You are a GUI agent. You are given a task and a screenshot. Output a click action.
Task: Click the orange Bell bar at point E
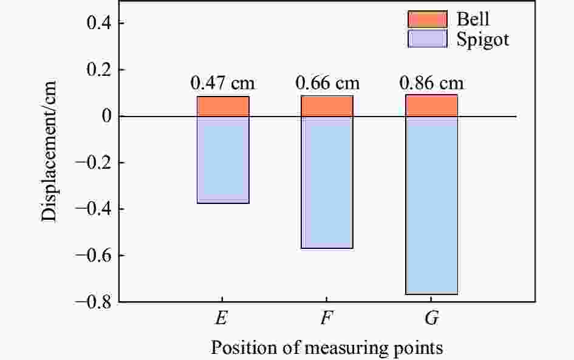(223, 106)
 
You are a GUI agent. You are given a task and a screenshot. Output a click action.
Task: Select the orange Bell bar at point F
(327, 106)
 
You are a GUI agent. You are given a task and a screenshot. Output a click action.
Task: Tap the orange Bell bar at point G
(431, 105)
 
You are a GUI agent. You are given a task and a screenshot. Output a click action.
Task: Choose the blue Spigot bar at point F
(327, 182)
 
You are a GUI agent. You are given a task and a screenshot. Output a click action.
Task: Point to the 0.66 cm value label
(327, 83)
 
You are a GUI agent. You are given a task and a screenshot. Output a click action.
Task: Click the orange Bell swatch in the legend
(427, 19)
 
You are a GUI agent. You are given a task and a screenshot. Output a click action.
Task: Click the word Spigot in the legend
(478, 40)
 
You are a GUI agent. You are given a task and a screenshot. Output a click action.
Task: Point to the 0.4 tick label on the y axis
(94, 24)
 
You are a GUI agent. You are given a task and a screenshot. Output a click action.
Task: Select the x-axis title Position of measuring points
(327, 348)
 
